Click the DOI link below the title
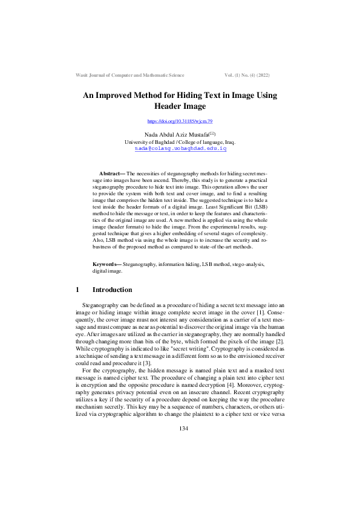(x=180, y=122)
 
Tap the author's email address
(x=180, y=148)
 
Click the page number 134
(x=180, y=479)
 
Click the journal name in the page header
(x=129, y=74)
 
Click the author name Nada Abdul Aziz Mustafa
(x=176, y=134)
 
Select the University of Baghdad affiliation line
(x=180, y=141)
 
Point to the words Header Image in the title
(x=180, y=106)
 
